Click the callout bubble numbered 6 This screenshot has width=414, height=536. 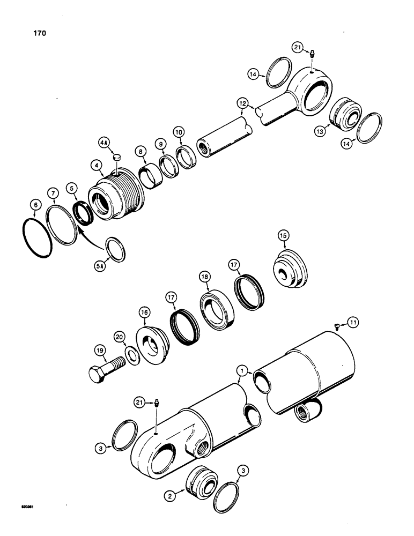(x=35, y=204)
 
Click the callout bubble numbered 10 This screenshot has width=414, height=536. (x=179, y=131)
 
